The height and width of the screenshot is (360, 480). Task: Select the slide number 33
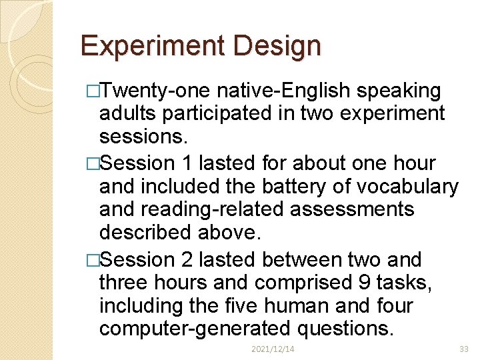point(464,349)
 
